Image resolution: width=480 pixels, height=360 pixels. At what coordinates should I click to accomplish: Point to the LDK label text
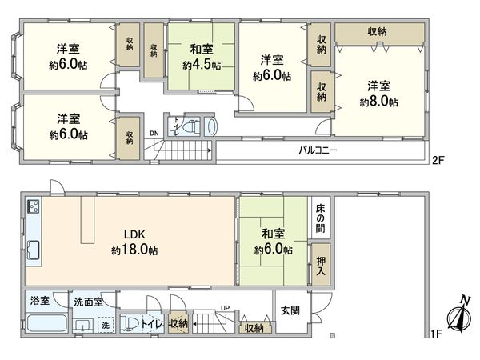pyautogui.click(x=134, y=235)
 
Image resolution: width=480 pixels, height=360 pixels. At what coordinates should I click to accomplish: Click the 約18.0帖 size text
pyautogui.click(x=134, y=250)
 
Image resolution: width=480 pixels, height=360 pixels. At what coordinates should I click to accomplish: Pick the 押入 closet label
pyautogui.click(x=320, y=266)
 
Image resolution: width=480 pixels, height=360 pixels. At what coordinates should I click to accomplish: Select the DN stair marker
pyautogui.click(x=154, y=134)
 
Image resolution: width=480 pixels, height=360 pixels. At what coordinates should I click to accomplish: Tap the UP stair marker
pyautogui.click(x=225, y=308)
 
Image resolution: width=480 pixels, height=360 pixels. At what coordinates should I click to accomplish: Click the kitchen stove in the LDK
pyautogui.click(x=34, y=210)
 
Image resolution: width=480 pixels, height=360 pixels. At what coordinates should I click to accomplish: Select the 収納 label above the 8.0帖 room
pyautogui.click(x=379, y=30)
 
